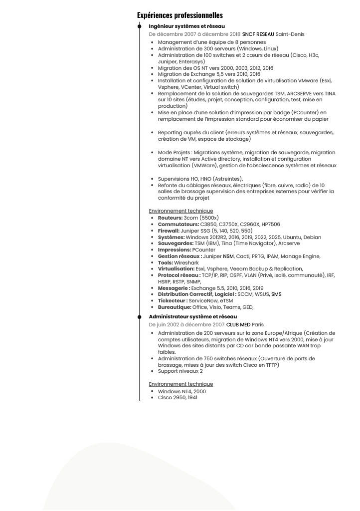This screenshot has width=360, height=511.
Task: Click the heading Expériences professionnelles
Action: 180,15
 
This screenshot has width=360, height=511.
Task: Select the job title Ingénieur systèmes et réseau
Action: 186,26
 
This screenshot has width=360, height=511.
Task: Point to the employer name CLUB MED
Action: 238,324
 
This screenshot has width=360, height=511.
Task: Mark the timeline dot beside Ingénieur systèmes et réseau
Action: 140,26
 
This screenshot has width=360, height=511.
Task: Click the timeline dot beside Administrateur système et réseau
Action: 140,316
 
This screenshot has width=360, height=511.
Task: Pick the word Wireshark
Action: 186,262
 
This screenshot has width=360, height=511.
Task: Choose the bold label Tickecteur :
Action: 173,300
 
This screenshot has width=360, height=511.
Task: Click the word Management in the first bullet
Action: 175,42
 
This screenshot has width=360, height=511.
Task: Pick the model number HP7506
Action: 271,225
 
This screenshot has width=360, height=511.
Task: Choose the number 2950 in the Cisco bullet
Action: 180,398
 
